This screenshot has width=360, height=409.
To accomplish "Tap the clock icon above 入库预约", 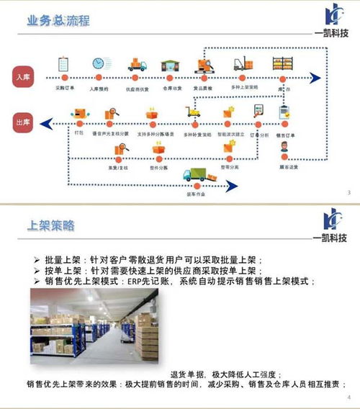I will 98,63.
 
